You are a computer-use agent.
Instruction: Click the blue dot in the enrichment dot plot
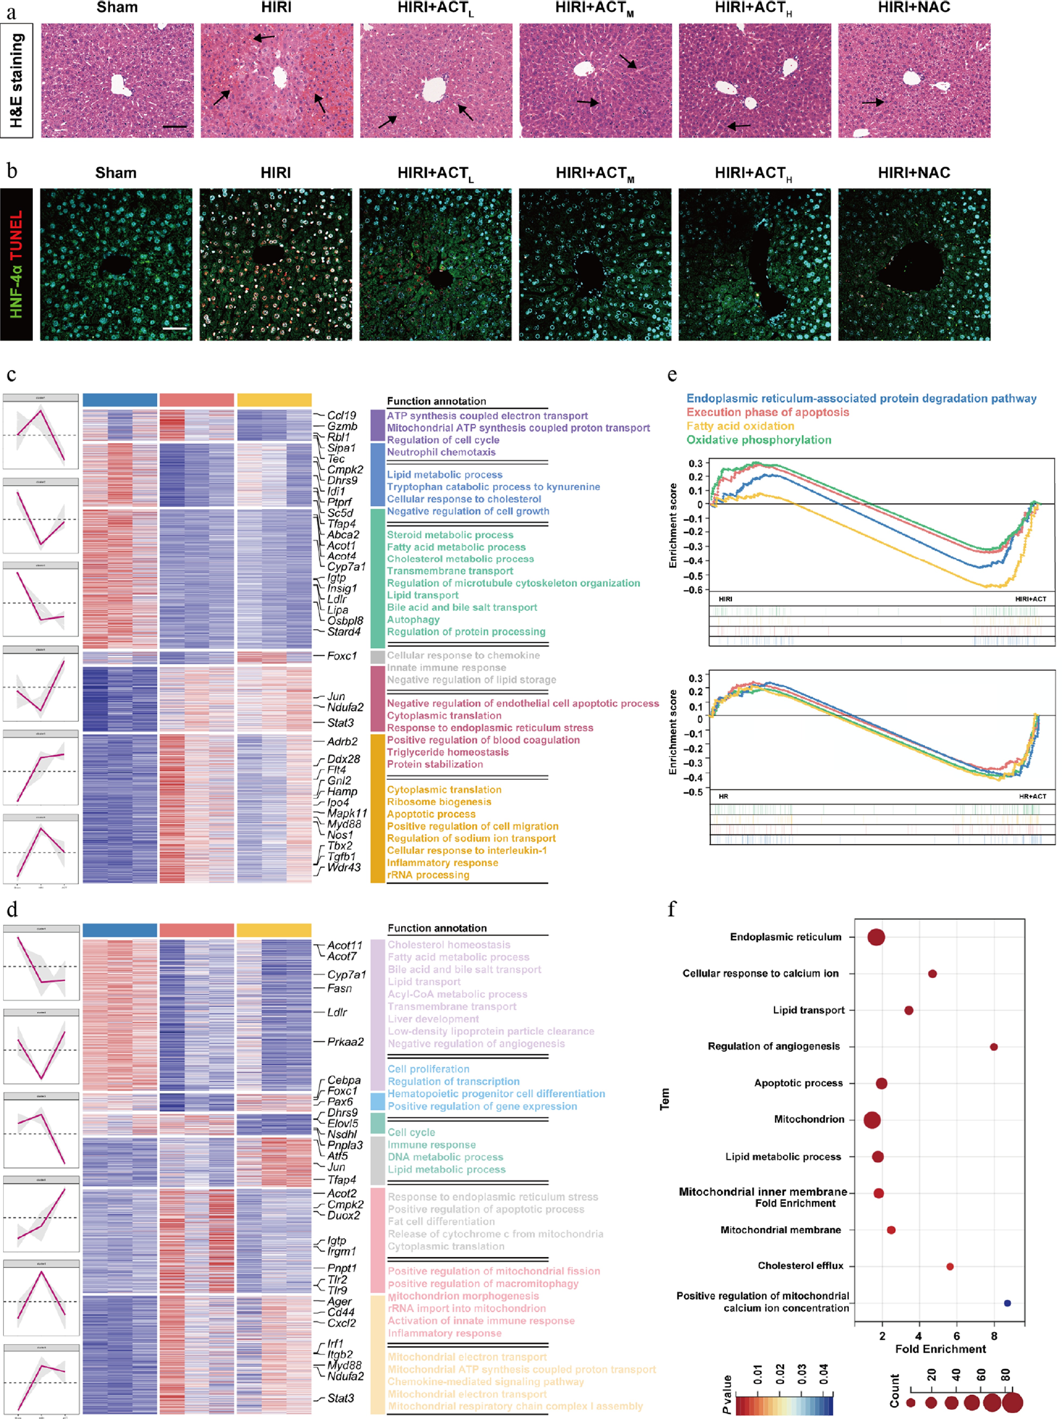click(1007, 1303)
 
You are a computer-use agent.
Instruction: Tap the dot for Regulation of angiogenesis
click(993, 1047)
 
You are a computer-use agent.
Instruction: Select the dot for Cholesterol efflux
click(950, 1266)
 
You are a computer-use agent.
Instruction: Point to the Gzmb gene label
click(342, 426)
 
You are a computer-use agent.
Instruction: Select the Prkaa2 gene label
click(345, 1042)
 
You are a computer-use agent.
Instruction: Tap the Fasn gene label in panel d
click(339, 988)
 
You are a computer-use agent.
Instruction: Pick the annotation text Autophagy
click(413, 620)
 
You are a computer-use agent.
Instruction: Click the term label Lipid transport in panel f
click(808, 1010)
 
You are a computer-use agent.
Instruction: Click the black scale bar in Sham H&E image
click(174, 126)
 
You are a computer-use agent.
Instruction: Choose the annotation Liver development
click(433, 1019)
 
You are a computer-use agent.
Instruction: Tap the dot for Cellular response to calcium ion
click(932, 974)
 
